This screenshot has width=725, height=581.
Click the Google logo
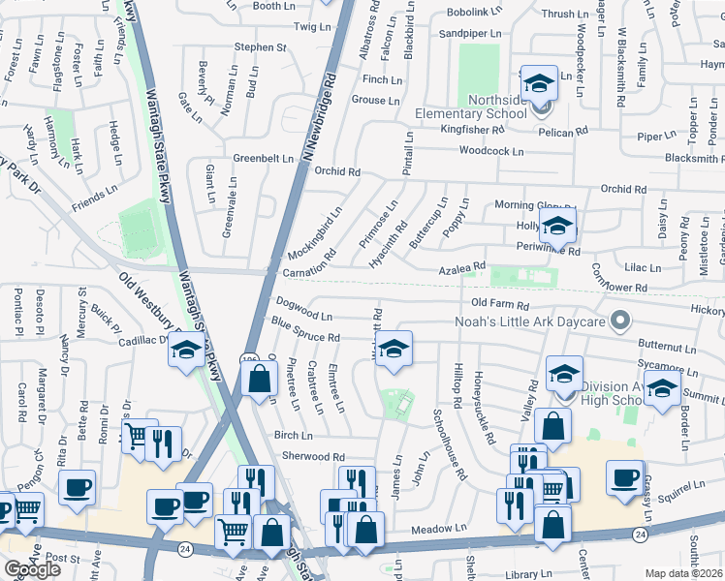pos(32,569)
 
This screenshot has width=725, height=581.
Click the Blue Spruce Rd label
pos(305,330)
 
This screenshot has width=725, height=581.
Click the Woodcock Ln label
pos(491,151)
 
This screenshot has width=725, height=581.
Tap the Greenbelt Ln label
pos(263,159)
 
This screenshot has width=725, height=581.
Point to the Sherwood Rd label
pos(312,457)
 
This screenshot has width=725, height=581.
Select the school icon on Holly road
pos(557,228)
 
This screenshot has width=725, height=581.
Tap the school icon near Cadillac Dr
pos(183,352)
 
